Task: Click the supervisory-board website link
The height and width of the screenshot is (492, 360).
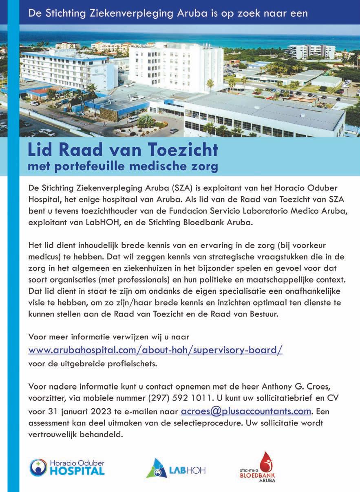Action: point(155,350)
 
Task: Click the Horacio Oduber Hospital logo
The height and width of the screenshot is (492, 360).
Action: point(67,468)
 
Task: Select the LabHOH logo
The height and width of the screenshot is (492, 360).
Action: point(176,469)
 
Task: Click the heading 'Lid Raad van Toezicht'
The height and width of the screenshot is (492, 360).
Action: point(122,150)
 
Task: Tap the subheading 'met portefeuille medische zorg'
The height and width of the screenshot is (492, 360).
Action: point(122,166)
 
